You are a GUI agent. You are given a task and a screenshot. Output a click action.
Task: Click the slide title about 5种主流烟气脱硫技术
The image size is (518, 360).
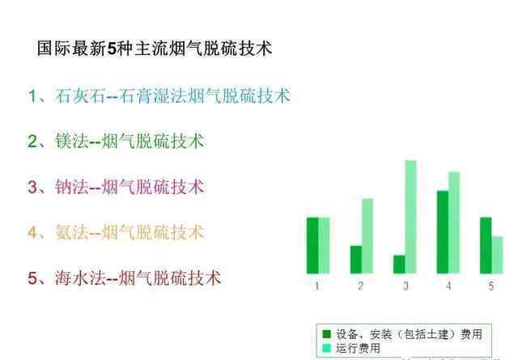155,49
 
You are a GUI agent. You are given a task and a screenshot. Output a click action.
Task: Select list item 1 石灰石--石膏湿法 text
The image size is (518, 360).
159,95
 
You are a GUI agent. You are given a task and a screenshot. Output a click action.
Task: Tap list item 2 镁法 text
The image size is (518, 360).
116,141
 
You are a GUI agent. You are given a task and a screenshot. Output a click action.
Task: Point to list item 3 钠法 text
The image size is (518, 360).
116,187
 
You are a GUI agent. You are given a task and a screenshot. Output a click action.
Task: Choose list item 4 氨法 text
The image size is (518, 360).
116,232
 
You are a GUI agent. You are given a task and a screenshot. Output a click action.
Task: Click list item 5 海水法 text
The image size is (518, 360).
124,277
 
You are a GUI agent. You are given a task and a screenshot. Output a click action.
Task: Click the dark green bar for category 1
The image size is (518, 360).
312,245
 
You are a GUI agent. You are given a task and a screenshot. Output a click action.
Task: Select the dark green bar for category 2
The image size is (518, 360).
356,260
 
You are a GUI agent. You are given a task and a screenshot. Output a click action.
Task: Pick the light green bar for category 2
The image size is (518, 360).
367,236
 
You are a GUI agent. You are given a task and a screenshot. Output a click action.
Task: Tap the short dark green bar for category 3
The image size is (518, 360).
399,265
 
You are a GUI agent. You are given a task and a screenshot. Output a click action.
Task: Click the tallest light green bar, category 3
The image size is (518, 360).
410,217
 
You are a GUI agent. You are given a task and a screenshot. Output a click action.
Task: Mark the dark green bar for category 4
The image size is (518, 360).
443,232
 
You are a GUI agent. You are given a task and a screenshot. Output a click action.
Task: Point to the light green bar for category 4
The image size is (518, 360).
454,223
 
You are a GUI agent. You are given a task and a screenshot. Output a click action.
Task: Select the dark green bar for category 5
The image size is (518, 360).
486,245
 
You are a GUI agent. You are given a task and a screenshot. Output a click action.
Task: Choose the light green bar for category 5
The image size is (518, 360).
497,255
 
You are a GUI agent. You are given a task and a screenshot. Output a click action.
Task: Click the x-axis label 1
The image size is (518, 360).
317,286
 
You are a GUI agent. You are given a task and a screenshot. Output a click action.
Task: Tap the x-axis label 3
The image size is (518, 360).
405,286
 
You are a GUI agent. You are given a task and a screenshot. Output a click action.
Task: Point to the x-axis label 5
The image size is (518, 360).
491,286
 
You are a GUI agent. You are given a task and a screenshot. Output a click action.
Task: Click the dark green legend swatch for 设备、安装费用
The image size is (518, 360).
326,334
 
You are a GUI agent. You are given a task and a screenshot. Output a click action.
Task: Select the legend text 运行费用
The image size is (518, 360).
358,348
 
